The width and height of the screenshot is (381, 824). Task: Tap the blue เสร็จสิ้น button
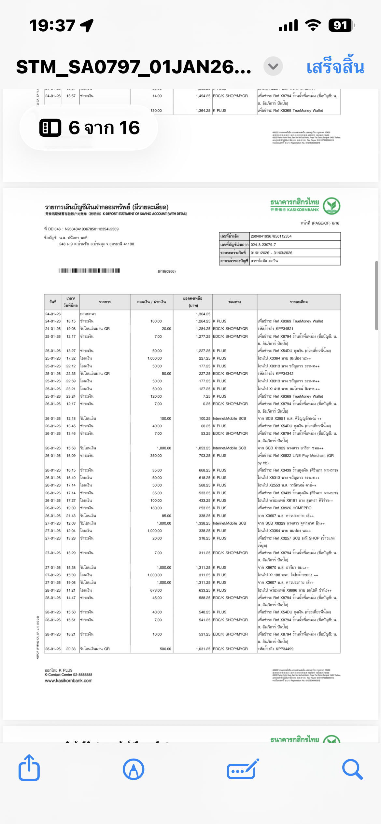coord(335,67)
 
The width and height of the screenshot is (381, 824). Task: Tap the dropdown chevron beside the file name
coord(273,66)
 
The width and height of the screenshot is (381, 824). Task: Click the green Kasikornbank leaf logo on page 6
coord(332,206)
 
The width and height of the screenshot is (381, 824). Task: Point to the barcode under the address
coord(89,270)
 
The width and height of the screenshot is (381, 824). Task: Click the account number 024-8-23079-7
coord(263,245)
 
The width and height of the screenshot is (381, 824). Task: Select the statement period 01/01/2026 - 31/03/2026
coord(271,253)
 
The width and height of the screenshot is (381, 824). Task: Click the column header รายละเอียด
coord(299,302)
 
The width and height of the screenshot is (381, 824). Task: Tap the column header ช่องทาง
coord(234,302)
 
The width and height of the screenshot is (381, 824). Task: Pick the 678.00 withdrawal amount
coord(156,590)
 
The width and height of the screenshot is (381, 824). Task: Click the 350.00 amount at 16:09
coord(156,456)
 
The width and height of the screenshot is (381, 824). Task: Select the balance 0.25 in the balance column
coord(206,404)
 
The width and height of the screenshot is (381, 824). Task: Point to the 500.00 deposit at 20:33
coord(165,649)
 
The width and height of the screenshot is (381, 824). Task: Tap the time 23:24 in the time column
coord(71,396)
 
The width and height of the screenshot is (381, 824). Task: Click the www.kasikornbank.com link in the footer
coord(68,680)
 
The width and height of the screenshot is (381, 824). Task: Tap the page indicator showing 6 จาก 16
coord(89,128)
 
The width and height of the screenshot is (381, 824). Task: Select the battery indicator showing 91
coord(341,25)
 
